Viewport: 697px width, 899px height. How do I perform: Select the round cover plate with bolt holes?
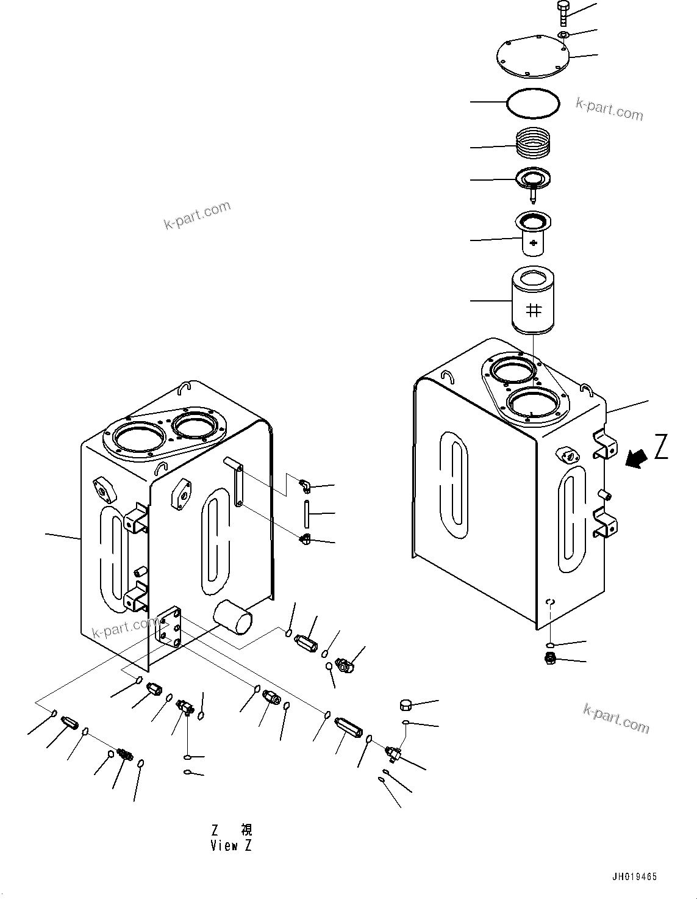coord(532,59)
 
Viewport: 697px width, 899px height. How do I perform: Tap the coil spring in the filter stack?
coord(533,145)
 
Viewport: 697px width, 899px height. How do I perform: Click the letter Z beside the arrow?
coord(661,447)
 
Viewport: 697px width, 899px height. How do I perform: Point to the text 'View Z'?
coord(231,846)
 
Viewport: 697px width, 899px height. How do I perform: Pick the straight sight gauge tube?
coord(307,514)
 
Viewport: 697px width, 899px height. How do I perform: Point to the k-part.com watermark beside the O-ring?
coord(609,109)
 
